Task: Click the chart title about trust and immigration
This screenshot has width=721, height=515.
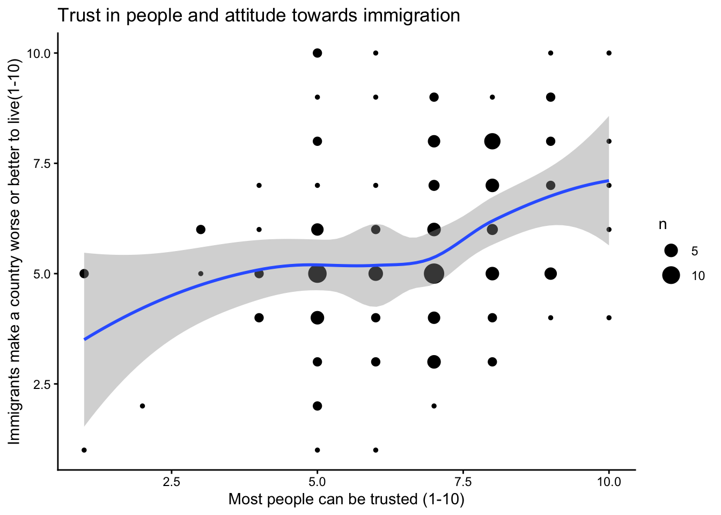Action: pos(259,15)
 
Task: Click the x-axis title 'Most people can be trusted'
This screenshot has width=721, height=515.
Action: pos(346,499)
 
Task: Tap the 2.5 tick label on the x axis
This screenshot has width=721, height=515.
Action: pos(171,482)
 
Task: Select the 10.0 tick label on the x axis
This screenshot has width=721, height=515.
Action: pos(609,482)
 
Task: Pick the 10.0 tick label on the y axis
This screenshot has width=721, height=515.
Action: pos(38,53)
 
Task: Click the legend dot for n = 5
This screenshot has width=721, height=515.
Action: pos(671,251)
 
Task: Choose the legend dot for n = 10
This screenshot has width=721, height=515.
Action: pos(671,276)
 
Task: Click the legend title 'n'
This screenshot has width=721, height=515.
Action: pos(663,225)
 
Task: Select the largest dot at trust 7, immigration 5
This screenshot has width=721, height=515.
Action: pos(434,274)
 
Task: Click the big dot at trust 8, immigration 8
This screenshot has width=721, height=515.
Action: pos(492,141)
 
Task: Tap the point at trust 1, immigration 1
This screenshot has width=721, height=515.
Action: pos(84,450)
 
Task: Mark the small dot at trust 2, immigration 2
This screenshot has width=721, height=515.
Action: pos(142,406)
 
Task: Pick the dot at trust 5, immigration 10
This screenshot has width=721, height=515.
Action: pos(317,53)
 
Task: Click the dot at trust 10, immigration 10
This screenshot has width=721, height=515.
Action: pos(609,53)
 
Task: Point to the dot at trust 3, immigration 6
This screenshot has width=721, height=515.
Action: pos(201,230)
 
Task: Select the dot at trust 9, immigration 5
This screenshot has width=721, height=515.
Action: pos(550,274)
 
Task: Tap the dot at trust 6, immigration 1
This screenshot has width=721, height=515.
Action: pos(376,450)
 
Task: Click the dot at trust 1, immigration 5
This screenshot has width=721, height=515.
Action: pos(84,274)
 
